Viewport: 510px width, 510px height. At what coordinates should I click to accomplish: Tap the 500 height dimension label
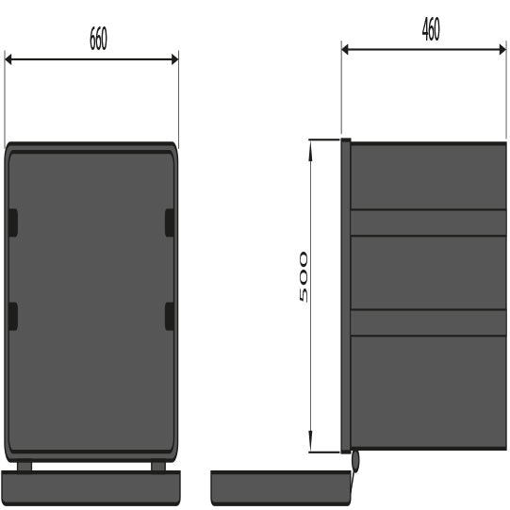pos(303,276)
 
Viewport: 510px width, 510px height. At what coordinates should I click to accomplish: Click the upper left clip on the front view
pos(13,222)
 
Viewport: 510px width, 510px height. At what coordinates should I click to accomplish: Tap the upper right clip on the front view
pos(170,222)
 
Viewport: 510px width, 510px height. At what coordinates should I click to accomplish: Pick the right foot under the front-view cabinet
pos(156,466)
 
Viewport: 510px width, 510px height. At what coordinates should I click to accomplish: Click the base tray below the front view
pos(91,487)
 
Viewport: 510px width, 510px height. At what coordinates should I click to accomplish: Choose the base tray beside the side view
pos(279,486)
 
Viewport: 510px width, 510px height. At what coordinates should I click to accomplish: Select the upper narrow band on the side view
pos(428,222)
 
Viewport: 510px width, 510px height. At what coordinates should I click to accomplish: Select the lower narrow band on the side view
pos(428,322)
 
